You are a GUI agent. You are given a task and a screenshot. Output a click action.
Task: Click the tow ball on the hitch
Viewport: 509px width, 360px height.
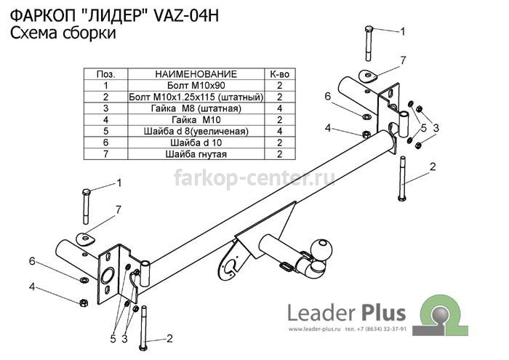322,249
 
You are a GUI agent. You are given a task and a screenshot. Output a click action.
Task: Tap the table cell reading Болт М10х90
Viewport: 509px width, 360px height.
196,85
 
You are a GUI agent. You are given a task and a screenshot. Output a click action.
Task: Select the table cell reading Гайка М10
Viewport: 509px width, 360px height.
196,120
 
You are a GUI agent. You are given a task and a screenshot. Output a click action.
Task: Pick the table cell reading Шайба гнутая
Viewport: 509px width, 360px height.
196,154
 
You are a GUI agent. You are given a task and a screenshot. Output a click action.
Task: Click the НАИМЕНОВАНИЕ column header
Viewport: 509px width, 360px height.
196,74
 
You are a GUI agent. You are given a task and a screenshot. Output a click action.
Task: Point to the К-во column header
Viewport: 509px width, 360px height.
279,74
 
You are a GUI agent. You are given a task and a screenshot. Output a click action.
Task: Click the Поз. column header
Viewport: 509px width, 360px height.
106,74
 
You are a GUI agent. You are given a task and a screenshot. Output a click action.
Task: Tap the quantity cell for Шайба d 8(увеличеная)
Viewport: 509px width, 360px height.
279,131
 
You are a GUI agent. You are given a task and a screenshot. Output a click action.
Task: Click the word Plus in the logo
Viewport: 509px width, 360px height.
382,313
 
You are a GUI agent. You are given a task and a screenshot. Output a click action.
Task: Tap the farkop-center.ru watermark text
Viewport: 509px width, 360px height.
254,178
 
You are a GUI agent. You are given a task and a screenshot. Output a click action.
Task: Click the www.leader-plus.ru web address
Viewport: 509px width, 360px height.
314,329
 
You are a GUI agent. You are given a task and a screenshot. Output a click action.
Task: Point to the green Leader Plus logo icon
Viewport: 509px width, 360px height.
444,315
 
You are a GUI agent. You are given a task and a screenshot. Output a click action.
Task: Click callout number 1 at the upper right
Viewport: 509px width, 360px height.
403,31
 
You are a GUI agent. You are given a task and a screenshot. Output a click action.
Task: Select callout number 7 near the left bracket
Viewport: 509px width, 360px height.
118,210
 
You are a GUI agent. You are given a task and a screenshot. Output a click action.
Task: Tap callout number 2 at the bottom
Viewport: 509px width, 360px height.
169,339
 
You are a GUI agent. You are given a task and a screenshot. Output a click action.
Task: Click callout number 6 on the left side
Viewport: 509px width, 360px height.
32,261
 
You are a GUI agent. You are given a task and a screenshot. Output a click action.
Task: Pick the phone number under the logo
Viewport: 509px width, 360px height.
376,329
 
